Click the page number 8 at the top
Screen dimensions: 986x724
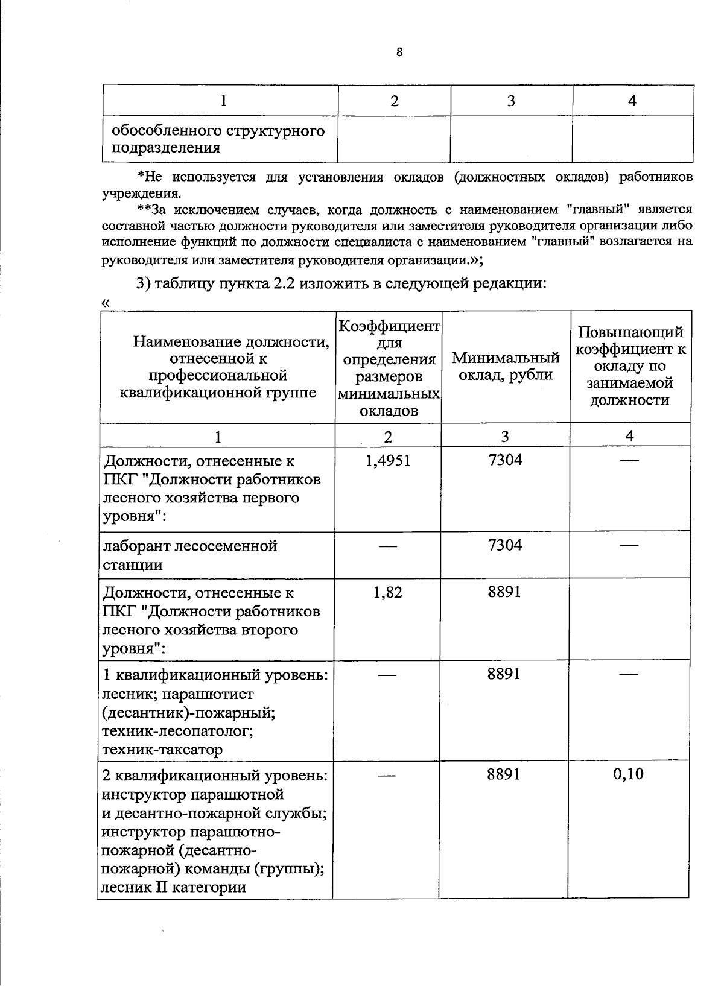click(x=399, y=52)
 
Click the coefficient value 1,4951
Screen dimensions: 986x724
click(x=388, y=461)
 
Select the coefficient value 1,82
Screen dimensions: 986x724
click(x=388, y=592)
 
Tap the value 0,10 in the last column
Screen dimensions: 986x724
click(x=628, y=774)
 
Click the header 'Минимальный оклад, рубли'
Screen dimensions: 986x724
click(x=506, y=366)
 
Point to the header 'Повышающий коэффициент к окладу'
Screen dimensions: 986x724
click(x=630, y=366)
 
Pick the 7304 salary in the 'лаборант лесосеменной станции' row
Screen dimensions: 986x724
click(x=505, y=545)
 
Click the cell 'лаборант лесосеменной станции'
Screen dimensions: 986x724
click(x=190, y=555)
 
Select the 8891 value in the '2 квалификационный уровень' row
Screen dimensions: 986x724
click(x=504, y=774)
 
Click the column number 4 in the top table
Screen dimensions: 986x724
click(x=632, y=101)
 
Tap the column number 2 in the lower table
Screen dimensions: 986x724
click(x=387, y=436)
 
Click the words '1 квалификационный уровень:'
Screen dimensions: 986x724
click(x=216, y=674)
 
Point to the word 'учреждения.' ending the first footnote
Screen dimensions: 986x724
click(x=141, y=194)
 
